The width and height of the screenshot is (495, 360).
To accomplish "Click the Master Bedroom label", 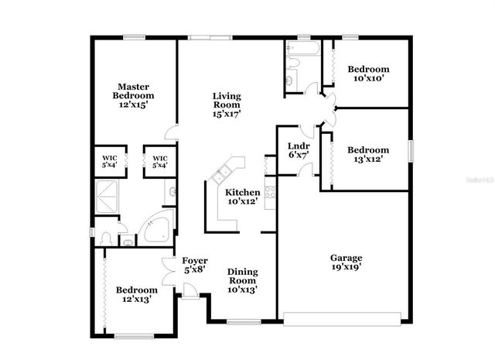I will coord(133,95).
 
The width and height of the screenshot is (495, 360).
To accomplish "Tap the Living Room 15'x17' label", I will coord(227,105).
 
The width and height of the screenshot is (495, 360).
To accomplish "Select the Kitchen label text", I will coord(242,197).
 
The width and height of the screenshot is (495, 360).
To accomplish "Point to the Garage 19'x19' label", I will coord(346,262).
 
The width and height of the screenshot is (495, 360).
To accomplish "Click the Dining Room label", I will coord(242,280).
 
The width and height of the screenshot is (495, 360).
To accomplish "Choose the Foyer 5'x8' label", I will coord(193,266).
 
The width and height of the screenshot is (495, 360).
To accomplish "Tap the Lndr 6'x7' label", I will coord(299,150).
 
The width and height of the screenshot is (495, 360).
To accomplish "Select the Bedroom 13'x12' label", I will coord(367,154).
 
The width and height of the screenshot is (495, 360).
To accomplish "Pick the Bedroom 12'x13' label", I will coord(136,294).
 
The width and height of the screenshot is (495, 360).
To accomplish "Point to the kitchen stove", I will coord(271,190).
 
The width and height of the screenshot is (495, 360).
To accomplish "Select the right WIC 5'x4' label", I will coord(160,161).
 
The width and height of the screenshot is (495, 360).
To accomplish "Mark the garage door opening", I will coord(342,316).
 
